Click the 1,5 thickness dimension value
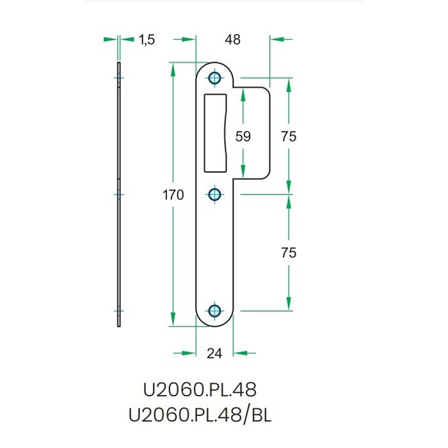pyautogui.click(x=147, y=40)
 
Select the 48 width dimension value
pyautogui.click(x=232, y=40)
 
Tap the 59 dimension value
pyautogui.click(x=243, y=136)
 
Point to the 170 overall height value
pyautogui.click(x=173, y=195)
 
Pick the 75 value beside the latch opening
pyautogui.click(x=289, y=136)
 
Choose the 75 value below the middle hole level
pyautogui.click(x=289, y=253)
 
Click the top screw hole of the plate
pyautogui.click(x=215, y=78)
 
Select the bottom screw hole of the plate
pyautogui.click(x=215, y=311)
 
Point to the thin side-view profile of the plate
pyautogui.click(x=119, y=195)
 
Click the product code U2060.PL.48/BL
pyautogui.click(x=200, y=415)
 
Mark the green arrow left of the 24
pyautogui.click(x=187, y=352)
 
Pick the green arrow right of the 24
pyautogui.click(x=243, y=352)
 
